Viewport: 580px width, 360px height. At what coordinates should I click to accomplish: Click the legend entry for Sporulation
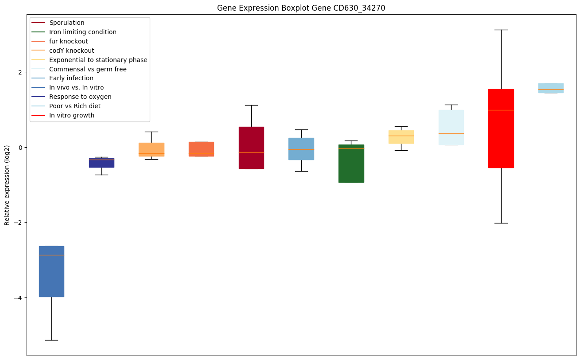click(67, 23)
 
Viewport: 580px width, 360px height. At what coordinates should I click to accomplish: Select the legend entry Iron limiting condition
click(83, 32)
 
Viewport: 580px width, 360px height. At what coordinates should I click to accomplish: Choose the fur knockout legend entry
click(69, 41)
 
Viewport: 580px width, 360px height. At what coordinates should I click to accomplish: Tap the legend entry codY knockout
click(72, 51)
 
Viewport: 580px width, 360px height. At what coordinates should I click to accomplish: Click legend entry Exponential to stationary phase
click(98, 60)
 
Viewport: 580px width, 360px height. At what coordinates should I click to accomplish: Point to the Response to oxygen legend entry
click(80, 97)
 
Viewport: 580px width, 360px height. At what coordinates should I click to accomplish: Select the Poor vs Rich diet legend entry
click(75, 106)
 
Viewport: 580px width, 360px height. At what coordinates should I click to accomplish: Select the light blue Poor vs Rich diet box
click(551, 88)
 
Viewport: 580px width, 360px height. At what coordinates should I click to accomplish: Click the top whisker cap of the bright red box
click(501, 30)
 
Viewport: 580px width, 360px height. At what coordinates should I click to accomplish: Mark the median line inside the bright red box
click(501, 110)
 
